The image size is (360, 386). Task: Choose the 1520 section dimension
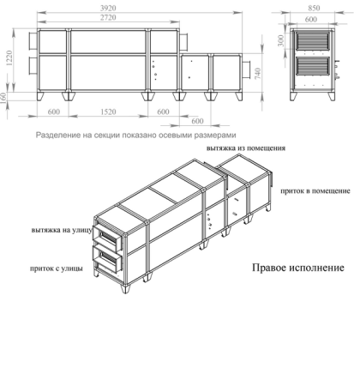click(x=108, y=112)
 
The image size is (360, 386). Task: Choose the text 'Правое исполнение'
click(x=297, y=268)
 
